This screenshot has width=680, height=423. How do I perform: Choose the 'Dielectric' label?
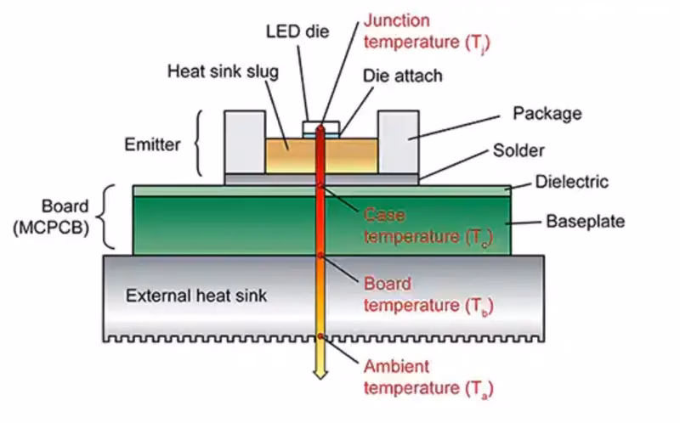coord(571,182)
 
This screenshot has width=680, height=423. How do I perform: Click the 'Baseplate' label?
coord(585,222)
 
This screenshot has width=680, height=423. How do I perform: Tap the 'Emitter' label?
coord(153,144)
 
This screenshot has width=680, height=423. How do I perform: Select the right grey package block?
coord(398,140)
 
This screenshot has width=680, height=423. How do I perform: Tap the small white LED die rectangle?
coord(321,127)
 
